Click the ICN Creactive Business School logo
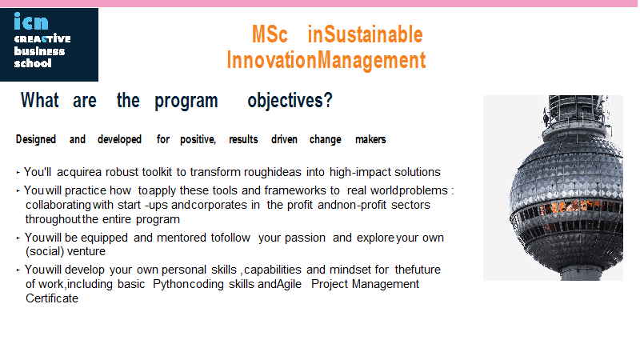tap(49, 45)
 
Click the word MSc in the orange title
tap(270, 34)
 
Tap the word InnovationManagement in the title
tap(326, 61)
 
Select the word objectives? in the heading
tap(290, 101)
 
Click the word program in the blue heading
tap(186, 102)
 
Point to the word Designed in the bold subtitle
tap(36, 139)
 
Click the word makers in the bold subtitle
tap(370, 139)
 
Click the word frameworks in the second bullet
tap(295, 190)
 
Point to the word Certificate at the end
tap(52, 298)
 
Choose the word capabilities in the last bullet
tap(273, 270)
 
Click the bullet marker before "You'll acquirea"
tap(18, 173)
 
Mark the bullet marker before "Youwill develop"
tap(18, 270)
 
